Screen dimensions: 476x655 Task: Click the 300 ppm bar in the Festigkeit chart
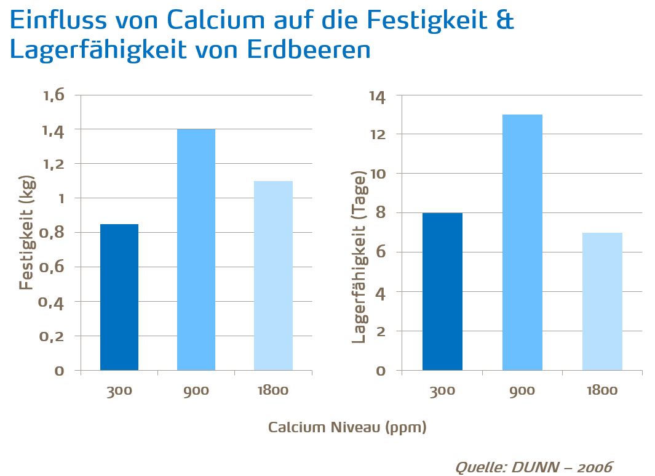pyautogui.click(x=119, y=297)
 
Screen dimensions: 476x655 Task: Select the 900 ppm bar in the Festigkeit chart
pyautogui.click(x=196, y=250)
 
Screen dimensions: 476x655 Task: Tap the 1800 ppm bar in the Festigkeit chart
pyautogui.click(x=273, y=276)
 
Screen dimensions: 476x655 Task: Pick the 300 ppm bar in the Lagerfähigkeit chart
pyautogui.click(x=442, y=291)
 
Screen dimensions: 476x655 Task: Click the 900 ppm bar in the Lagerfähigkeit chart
pyautogui.click(x=522, y=243)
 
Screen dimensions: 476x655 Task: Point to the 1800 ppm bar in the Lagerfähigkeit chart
pyautogui.click(x=602, y=302)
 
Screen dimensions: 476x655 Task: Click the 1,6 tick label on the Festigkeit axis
pyautogui.click(x=53, y=95)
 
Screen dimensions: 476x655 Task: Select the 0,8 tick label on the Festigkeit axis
pyautogui.click(x=53, y=233)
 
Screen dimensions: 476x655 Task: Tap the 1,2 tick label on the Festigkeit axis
pyautogui.click(x=53, y=164)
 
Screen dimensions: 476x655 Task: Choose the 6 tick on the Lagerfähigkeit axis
pyautogui.click(x=381, y=252)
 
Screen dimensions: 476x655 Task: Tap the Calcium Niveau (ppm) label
pyautogui.click(x=347, y=427)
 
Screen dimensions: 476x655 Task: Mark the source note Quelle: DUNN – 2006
pyautogui.click(x=533, y=467)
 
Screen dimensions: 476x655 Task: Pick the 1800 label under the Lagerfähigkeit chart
pyautogui.click(x=602, y=391)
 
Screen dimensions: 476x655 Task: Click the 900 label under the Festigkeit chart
pyautogui.click(x=196, y=391)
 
